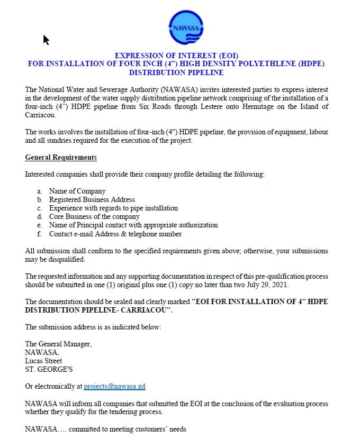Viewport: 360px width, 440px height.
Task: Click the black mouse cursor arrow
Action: click(46, 40)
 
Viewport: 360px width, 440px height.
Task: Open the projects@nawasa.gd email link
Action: click(114, 387)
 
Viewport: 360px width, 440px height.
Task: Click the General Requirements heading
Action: click(61, 158)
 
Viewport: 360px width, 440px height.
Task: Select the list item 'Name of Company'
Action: click(77, 191)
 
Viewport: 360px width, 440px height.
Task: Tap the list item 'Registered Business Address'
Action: click(92, 199)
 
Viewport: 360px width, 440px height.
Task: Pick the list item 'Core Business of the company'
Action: click(94, 216)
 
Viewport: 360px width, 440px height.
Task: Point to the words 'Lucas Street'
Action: click(43, 361)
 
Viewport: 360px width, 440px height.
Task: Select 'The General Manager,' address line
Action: click(58, 344)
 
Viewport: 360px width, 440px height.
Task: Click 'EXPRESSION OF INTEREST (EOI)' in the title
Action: click(177, 56)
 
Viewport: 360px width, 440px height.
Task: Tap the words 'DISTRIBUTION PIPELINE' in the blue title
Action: click(176, 72)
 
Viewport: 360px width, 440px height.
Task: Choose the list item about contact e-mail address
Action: click(115, 234)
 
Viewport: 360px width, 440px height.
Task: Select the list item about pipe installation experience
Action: click(113, 208)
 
